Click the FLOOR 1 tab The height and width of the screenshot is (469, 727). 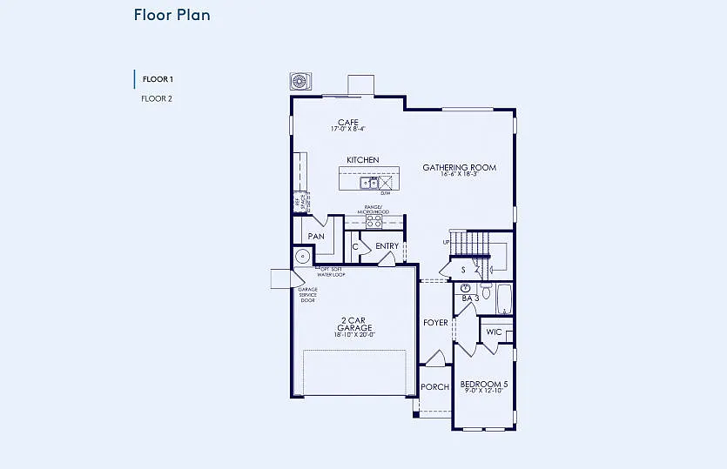click(157, 79)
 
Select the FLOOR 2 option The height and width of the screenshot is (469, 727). click(157, 98)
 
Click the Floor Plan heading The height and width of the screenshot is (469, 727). click(172, 15)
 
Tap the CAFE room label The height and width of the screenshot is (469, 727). click(348, 123)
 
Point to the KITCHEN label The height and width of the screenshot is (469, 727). click(362, 160)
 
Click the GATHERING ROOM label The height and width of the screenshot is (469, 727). click(459, 167)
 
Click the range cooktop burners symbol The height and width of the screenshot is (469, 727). click(374, 222)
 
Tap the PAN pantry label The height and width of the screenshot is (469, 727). click(316, 236)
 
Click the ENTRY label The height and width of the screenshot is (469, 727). click(387, 246)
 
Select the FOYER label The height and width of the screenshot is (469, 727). click(435, 323)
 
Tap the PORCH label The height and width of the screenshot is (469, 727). click(434, 387)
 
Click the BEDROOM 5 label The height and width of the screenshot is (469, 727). click(483, 385)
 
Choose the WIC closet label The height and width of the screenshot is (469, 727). click(494, 332)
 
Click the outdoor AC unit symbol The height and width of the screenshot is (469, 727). click(300, 82)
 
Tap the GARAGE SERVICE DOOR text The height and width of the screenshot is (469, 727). click(307, 295)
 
